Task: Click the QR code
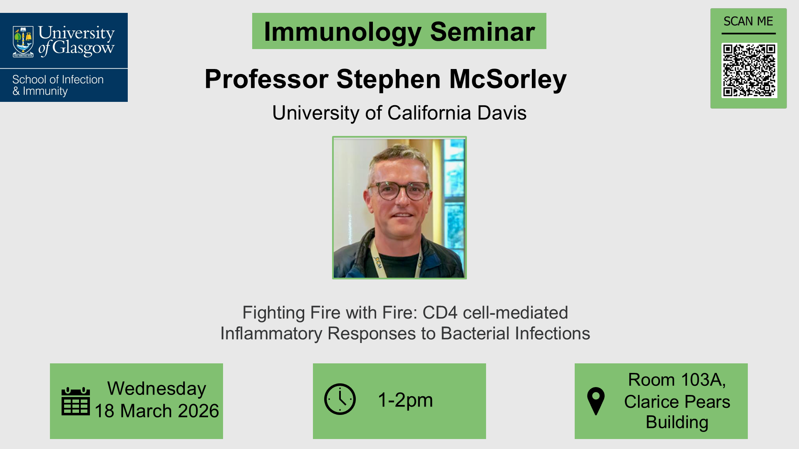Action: point(749,70)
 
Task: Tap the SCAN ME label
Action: point(748,21)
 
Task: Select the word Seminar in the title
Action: point(482,32)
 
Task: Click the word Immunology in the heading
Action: point(342,32)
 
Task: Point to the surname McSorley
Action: point(508,79)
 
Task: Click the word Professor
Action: point(267,79)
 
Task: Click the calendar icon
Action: point(76,401)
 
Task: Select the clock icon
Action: point(340,399)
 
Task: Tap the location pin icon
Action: point(596,401)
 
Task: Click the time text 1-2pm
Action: point(405,400)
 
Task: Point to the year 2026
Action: point(198,411)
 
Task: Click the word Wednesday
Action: point(157,388)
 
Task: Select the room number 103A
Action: point(703,380)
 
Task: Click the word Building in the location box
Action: point(677,422)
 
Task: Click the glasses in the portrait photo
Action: point(399,191)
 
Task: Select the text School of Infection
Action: point(58,79)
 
